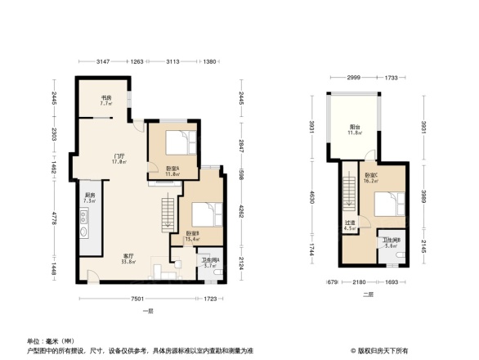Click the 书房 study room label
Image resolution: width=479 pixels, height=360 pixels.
pos(106,99)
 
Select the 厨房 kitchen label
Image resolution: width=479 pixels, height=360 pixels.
pos(89,197)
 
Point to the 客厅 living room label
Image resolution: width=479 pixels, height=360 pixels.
pos(129,259)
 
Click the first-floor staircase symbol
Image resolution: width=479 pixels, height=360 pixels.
pos(169,214)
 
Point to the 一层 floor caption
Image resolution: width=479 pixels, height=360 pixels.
pos(148,312)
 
